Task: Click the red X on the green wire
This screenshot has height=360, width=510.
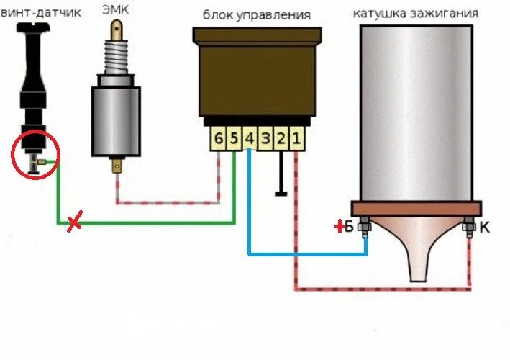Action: tap(73, 223)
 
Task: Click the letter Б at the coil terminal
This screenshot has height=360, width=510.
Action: tap(350, 228)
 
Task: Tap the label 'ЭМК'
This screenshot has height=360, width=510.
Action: tap(117, 13)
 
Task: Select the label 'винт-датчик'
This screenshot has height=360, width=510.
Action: tap(41, 12)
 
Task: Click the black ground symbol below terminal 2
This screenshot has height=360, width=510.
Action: tap(281, 192)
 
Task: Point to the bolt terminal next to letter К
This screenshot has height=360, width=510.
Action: tap(468, 228)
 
